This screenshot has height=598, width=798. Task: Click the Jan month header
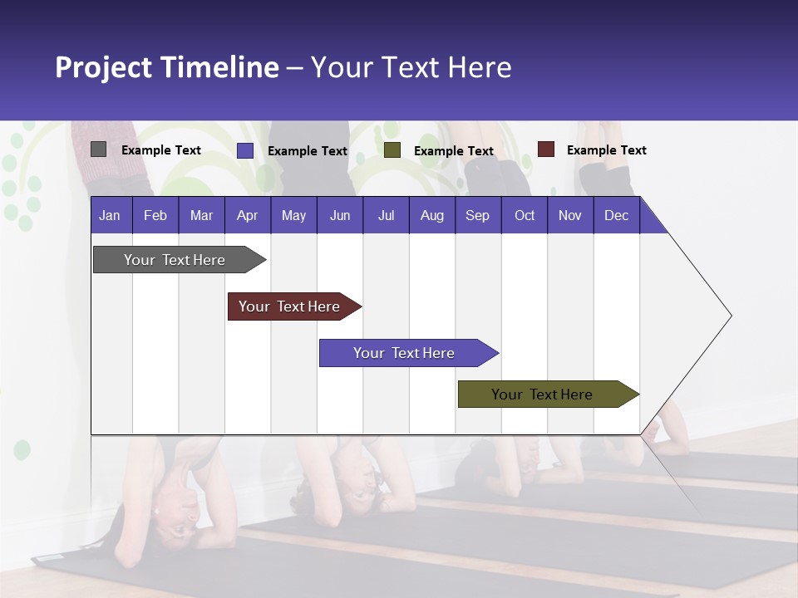click(110, 215)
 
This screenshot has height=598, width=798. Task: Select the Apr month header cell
click(247, 215)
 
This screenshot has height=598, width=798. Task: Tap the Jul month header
click(386, 215)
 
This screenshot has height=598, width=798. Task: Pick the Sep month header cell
click(477, 215)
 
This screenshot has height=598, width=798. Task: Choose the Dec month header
click(616, 215)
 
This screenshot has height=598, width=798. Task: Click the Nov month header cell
click(569, 215)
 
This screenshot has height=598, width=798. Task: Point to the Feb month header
click(155, 215)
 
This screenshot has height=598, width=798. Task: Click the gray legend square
click(99, 149)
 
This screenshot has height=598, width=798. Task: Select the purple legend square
click(245, 150)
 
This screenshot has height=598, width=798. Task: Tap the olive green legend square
click(392, 150)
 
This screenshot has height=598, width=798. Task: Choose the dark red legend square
click(546, 149)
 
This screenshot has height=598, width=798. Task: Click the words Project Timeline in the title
click(166, 67)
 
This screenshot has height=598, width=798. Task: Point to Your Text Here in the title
click(411, 67)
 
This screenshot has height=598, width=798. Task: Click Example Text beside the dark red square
click(606, 150)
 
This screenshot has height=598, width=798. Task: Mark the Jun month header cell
click(340, 215)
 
